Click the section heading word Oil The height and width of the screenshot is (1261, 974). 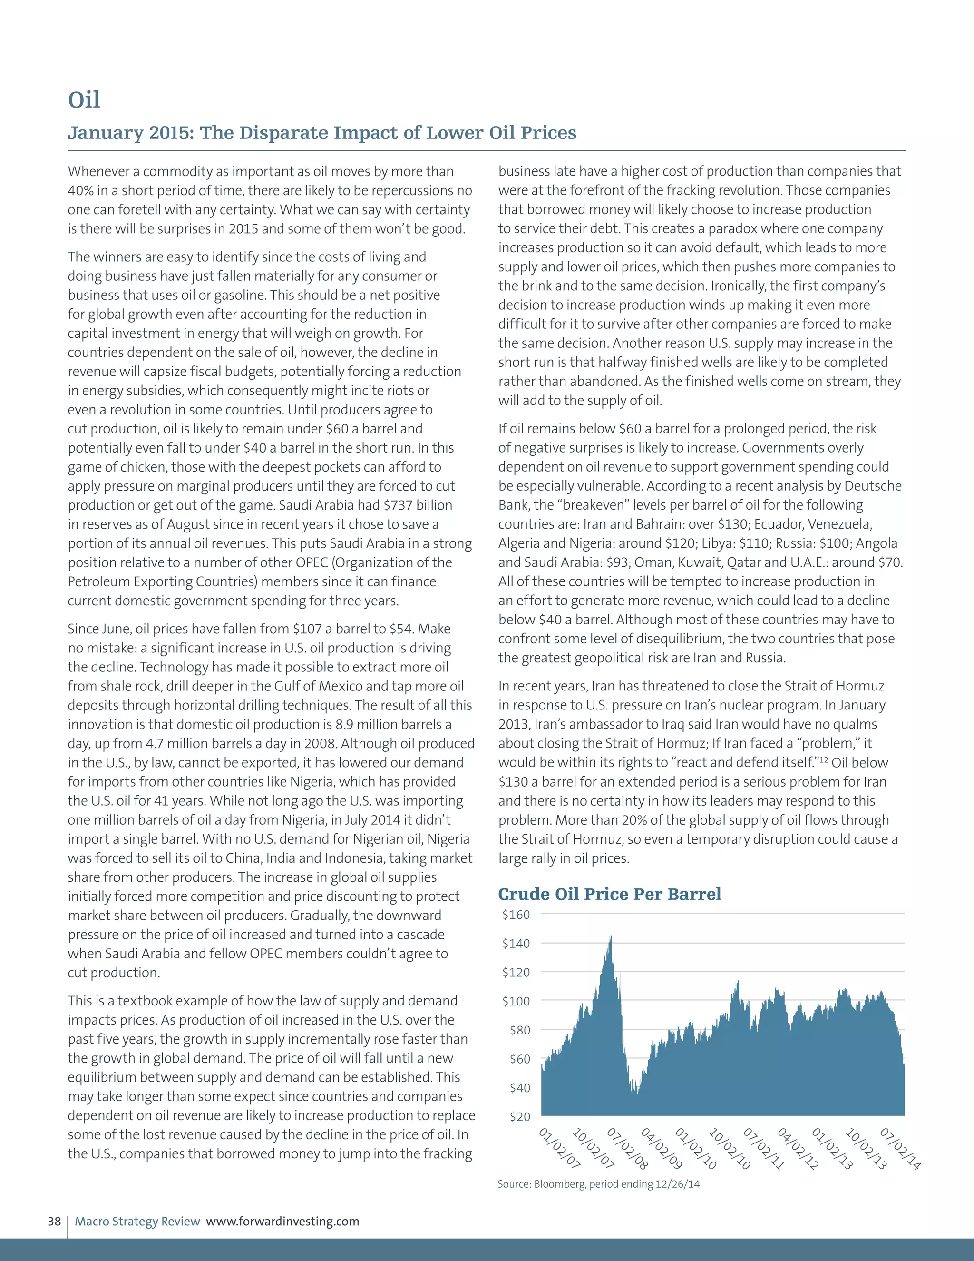click(x=84, y=100)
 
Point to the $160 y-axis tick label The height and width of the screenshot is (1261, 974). click(x=516, y=915)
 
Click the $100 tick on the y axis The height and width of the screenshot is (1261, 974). click(x=516, y=1001)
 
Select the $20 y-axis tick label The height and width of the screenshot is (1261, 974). click(x=519, y=1117)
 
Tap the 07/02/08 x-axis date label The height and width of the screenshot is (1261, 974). click(x=627, y=1148)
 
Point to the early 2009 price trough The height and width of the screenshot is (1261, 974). click(x=635, y=1093)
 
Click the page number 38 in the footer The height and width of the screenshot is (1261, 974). click(x=54, y=1221)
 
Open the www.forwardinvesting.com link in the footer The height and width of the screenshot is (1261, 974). click(x=283, y=1221)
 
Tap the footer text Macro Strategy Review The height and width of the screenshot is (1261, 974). click(x=137, y=1221)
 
